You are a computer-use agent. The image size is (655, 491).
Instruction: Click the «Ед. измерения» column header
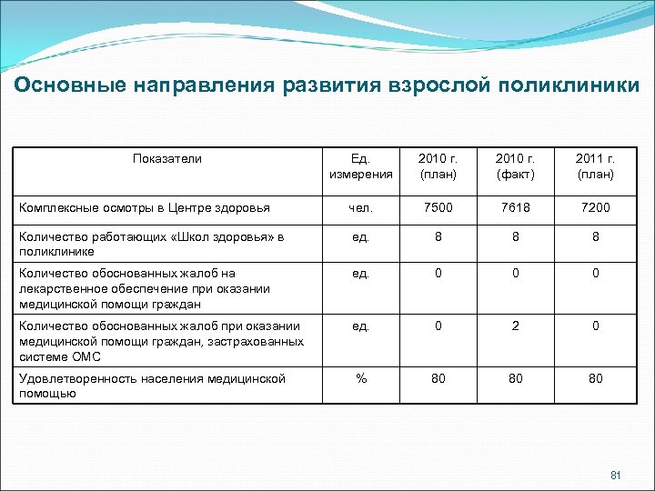(x=360, y=166)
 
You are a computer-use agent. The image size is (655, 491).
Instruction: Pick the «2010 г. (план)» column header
(x=438, y=166)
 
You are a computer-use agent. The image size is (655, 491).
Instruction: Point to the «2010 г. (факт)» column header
(x=517, y=166)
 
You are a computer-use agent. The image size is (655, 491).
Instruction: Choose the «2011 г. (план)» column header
(x=595, y=166)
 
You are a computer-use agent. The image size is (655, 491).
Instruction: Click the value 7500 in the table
(x=438, y=207)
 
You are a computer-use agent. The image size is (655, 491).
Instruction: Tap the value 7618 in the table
(x=517, y=207)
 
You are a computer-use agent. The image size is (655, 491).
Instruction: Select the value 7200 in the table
(x=595, y=207)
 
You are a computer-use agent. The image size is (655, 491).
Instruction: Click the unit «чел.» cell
(x=360, y=207)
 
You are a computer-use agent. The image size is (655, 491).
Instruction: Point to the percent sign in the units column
(x=360, y=378)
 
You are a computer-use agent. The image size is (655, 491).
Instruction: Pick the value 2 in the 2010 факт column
(x=517, y=326)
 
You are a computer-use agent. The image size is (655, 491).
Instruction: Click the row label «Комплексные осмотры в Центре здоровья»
(x=144, y=208)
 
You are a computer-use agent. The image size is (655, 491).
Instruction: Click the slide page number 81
(x=616, y=475)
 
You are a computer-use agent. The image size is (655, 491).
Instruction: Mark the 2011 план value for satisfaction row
(x=595, y=378)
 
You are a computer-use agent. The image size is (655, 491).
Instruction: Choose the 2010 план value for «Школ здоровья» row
(x=438, y=236)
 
